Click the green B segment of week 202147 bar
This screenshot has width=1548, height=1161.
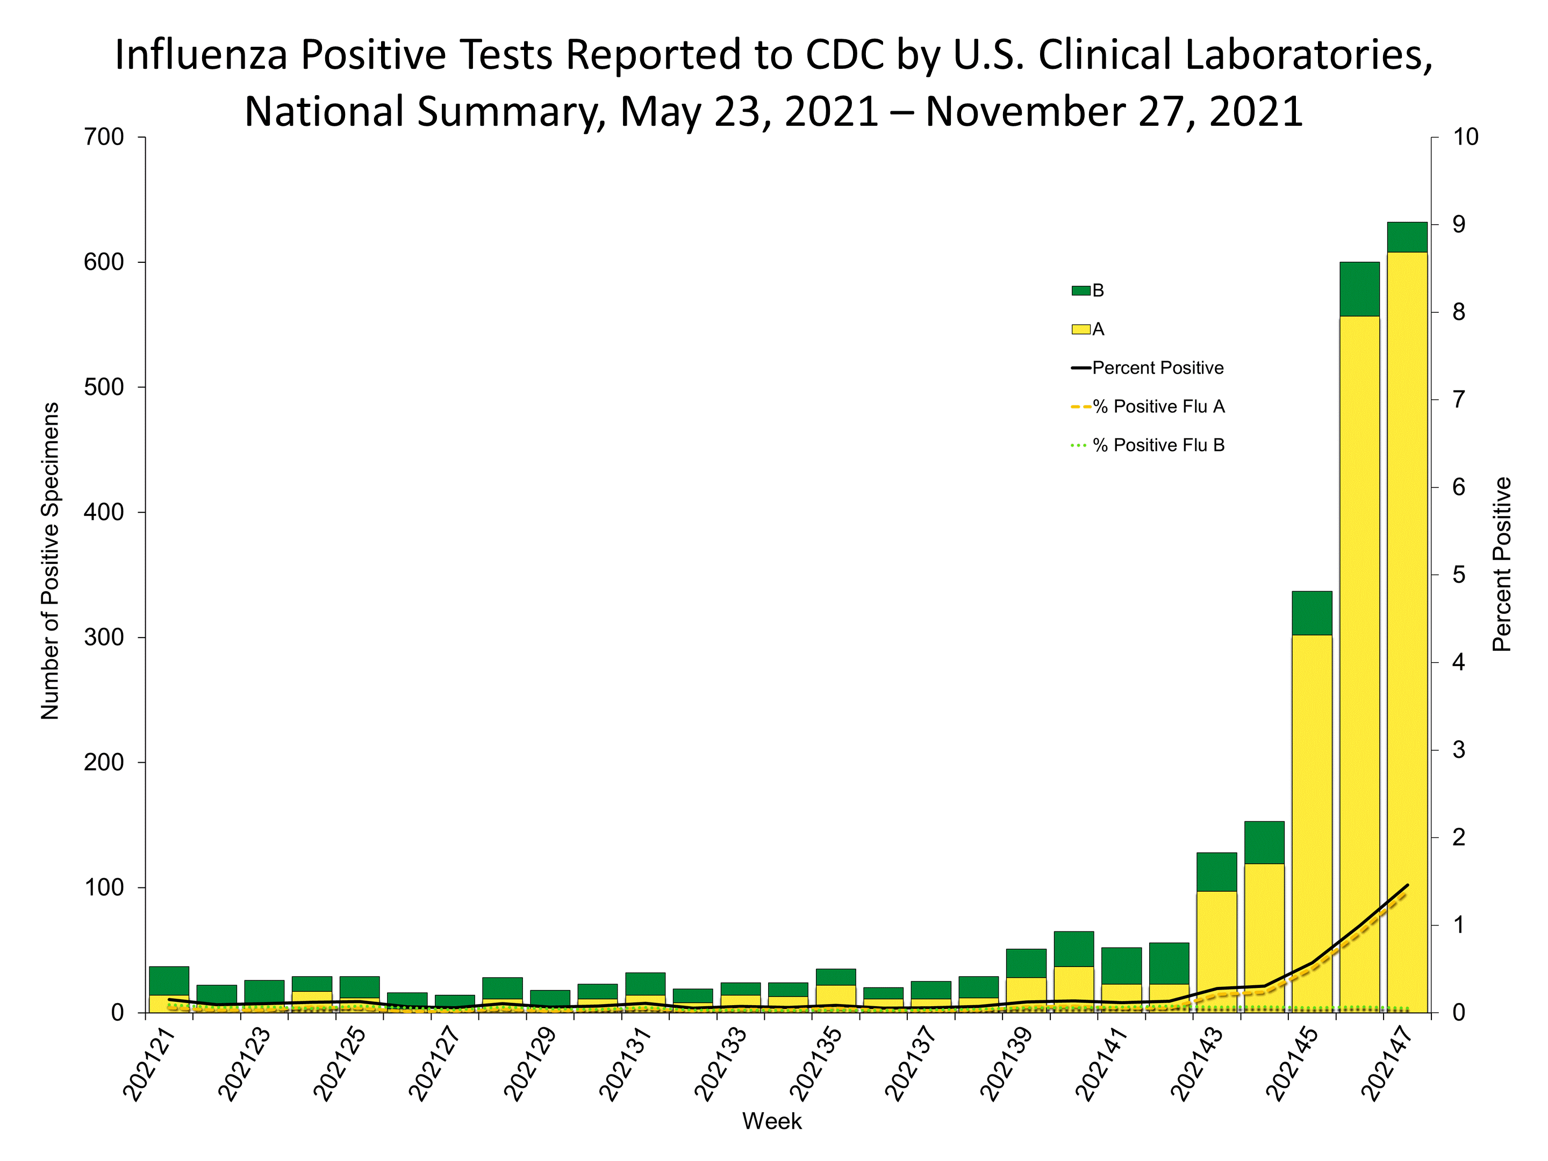coord(1407,236)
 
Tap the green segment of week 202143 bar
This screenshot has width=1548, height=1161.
coord(1216,871)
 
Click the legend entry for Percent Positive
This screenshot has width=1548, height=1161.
coord(1157,368)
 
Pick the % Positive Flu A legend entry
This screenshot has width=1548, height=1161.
coord(1157,406)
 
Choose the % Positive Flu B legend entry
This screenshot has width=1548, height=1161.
coord(1157,445)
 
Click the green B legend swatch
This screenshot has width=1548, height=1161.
coord(1080,290)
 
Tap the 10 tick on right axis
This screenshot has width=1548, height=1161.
coord(1465,137)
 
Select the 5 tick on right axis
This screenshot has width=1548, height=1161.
coord(1458,575)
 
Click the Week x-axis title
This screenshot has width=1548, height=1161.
coord(772,1121)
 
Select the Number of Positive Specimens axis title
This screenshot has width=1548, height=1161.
coord(49,561)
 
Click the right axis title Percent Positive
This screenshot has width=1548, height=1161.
coord(1502,564)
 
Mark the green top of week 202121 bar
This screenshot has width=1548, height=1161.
coord(169,980)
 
